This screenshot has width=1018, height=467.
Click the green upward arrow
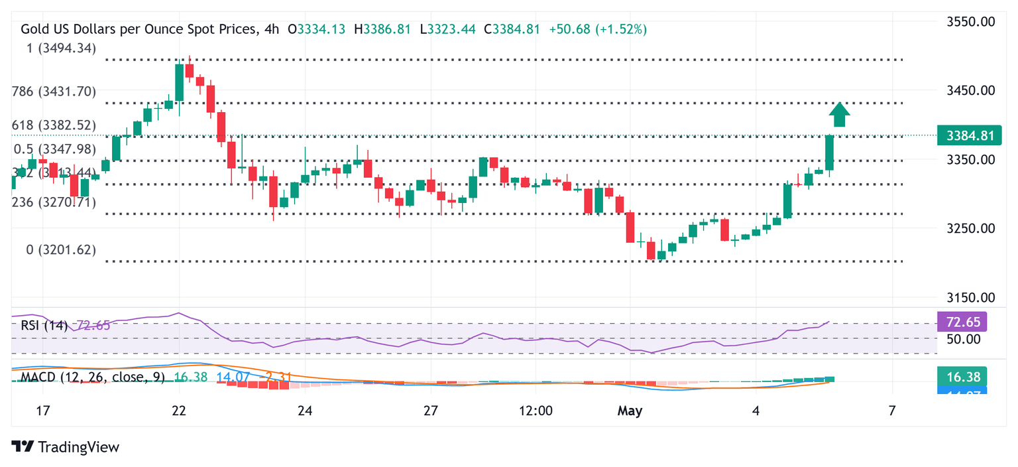tap(840, 115)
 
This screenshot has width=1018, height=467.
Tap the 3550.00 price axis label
tap(970, 22)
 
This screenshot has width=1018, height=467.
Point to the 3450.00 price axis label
tap(970, 90)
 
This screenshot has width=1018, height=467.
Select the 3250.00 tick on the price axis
tap(970, 228)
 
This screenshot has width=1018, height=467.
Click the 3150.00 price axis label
tap(970, 297)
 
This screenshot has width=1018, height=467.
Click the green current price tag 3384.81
tap(970, 136)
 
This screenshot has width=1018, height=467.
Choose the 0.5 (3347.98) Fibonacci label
tap(54, 149)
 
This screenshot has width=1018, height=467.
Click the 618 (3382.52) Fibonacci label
tap(54, 125)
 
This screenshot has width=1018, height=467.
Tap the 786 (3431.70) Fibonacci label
tap(54, 91)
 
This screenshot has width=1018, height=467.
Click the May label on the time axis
tap(630, 411)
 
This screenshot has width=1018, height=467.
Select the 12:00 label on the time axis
tap(536, 411)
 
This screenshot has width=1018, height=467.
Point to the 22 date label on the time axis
tap(179, 411)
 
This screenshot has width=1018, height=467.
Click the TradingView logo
tap(66, 447)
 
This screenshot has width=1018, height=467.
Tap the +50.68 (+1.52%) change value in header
tap(598, 29)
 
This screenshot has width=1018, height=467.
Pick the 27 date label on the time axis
tap(431, 411)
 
